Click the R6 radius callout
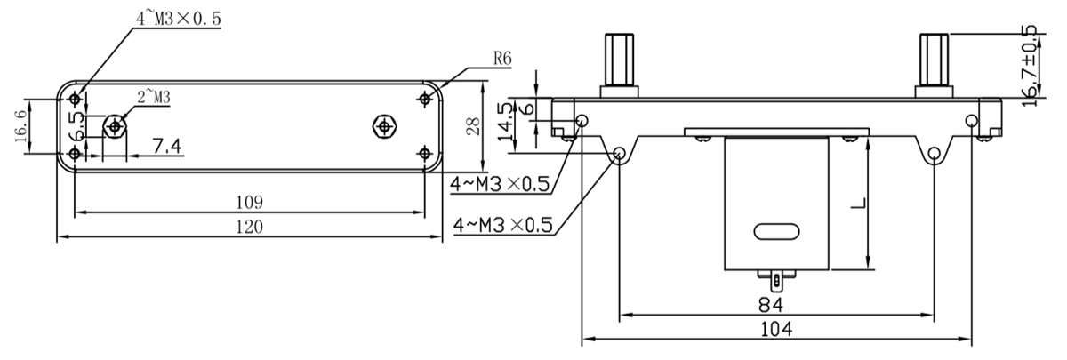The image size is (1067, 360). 502,59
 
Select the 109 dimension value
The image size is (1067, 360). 250,203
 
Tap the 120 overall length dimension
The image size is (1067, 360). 250,228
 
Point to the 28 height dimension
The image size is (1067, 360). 473,126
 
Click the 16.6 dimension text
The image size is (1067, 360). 20,126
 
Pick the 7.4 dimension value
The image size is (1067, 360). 167,146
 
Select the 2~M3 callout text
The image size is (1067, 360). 154,97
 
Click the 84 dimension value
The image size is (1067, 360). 770,305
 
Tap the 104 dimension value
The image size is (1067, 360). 776,329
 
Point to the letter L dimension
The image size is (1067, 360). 858,204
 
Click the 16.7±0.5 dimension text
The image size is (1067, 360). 1030,66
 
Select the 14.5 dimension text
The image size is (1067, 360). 505,122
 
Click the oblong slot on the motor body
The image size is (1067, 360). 776,231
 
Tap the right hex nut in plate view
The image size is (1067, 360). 384,126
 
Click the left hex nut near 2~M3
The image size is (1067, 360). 115,126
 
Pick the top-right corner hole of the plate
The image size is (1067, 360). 424,99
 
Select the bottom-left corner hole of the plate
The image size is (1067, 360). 75,154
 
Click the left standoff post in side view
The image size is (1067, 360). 619,65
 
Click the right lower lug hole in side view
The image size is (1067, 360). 935,153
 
